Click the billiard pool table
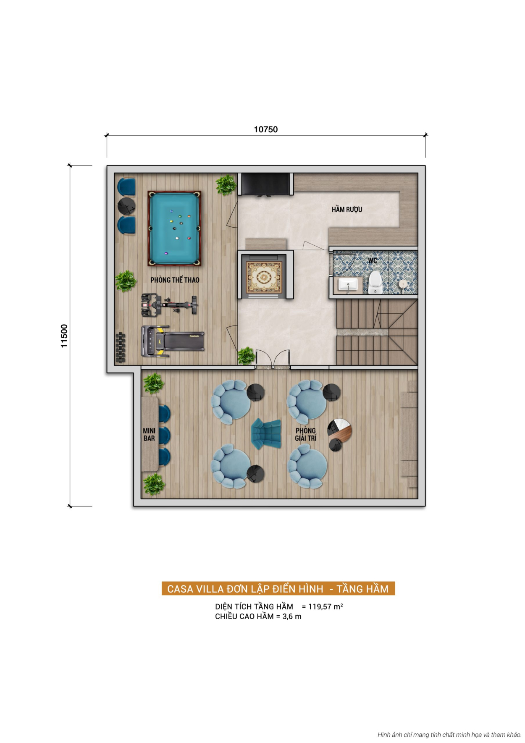tap(174, 228)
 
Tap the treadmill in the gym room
tap(173, 341)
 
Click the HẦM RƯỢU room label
tap(346, 209)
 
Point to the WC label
tap(372, 260)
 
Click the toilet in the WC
tap(375, 283)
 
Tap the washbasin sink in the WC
tap(348, 284)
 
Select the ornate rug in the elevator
tap(264, 277)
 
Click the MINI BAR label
tap(149, 434)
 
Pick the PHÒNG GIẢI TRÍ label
tap(306, 434)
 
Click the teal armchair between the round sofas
tap(266, 433)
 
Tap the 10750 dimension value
tap(265, 129)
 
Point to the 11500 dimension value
tap(64, 336)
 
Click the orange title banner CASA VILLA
tap(278, 588)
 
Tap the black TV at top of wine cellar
tap(265, 184)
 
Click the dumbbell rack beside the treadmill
tap(121, 347)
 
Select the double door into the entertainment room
tap(273, 360)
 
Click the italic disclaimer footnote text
tap(449, 735)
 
